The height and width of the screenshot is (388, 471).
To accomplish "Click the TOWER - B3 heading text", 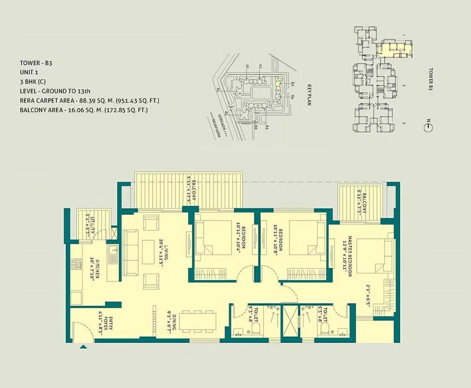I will coord(36,63).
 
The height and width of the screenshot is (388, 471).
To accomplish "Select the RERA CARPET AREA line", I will coord(89,101).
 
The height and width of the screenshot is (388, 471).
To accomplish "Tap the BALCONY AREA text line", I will coord(84,110).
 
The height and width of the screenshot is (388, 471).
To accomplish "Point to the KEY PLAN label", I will coord(309,94).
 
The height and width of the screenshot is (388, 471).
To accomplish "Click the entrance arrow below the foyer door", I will coord(83,347).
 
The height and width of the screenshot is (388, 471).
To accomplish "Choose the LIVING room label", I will coord(164,256).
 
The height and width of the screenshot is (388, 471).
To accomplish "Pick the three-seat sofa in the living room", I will coord(130,253).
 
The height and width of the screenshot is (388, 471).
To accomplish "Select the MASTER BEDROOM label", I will coord(348,256).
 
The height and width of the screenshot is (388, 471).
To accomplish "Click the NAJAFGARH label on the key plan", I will coord(215,126).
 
